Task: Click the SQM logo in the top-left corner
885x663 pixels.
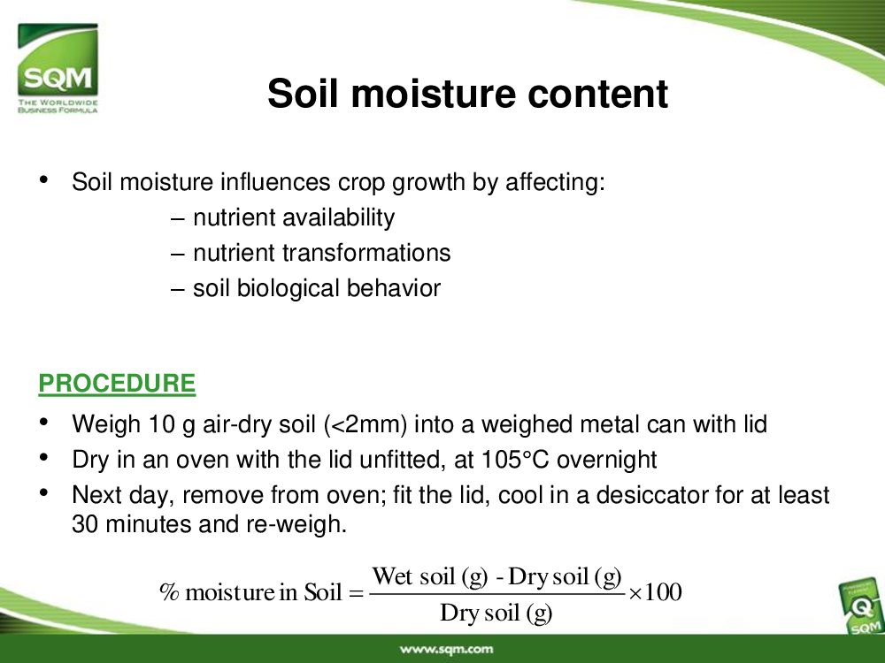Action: point(58,68)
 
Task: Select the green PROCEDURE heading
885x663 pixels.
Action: point(117,384)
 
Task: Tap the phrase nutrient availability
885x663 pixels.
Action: point(294,218)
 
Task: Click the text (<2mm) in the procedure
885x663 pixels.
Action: point(366,424)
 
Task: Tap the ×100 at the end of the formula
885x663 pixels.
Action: point(655,592)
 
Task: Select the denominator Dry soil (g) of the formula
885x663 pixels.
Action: point(496,613)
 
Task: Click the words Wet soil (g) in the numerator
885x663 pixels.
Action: point(429,576)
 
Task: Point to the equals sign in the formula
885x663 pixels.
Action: point(356,593)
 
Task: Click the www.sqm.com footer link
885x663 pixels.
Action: point(446,649)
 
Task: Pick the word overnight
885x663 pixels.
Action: point(607,460)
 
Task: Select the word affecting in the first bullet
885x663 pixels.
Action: point(555,183)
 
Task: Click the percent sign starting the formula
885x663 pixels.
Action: point(169,592)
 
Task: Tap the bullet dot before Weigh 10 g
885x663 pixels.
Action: point(43,422)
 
